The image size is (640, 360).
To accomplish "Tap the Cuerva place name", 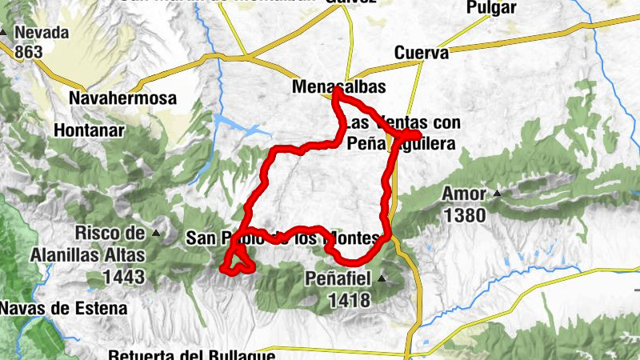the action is pyautogui.click(x=421, y=53).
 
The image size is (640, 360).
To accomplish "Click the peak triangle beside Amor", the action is pyautogui.click(x=498, y=193).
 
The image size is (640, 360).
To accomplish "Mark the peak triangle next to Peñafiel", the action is pyautogui.click(x=382, y=278).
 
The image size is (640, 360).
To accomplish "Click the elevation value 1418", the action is pyautogui.click(x=349, y=300).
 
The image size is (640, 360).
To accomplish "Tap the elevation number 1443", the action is pyautogui.click(x=123, y=277).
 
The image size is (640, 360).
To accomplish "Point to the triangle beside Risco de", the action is pyautogui.click(x=156, y=234).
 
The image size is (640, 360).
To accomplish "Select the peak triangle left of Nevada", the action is pyautogui.click(x=4, y=33).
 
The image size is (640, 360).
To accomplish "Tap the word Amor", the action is pyautogui.click(x=464, y=194).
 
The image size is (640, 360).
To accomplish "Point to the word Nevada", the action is pyautogui.click(x=42, y=34).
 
